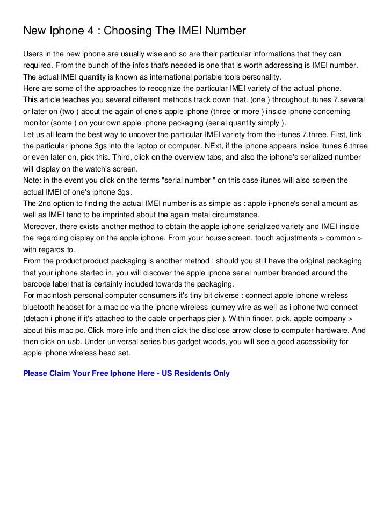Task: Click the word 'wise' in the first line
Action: pos(154,55)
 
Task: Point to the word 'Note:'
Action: pos(33,180)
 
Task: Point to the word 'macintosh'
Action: pos(56,296)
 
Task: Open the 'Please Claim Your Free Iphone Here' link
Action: pos(126,373)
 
